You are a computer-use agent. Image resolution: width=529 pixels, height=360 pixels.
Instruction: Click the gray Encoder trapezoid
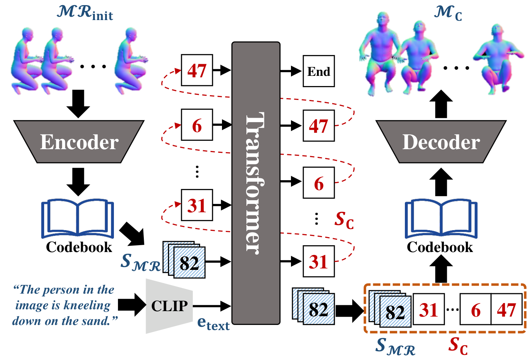[79, 142]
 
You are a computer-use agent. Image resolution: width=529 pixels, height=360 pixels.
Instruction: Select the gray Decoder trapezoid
[441, 142]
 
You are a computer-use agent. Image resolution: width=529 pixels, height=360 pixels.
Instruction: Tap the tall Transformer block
[256, 183]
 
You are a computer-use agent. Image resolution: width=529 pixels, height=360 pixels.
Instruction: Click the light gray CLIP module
[169, 306]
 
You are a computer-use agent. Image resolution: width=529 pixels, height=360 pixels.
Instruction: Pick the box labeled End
[319, 71]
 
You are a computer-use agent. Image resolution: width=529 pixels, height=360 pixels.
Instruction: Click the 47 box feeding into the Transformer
[197, 70]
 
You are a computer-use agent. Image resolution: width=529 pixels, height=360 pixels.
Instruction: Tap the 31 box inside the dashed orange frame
[429, 309]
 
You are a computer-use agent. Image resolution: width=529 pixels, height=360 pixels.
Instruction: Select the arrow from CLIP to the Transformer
[212, 306]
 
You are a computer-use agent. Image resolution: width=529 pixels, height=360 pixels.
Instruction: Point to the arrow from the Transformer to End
[291, 71]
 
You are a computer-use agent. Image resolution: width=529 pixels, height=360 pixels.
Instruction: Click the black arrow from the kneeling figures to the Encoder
[78, 104]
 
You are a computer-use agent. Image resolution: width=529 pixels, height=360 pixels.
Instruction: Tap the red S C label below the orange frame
[458, 346]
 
